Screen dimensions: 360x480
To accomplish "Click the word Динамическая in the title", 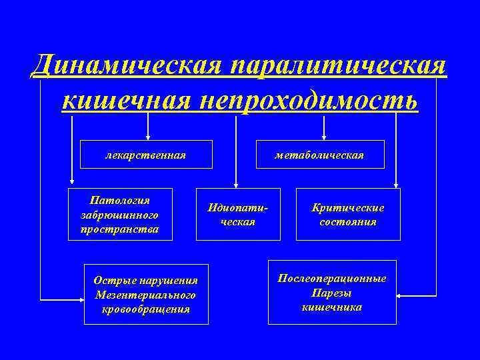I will [x=127, y=66].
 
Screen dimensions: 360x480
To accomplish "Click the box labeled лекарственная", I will [x=146, y=155].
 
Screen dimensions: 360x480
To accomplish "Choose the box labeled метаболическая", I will [x=320, y=155].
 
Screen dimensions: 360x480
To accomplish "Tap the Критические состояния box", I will [x=348, y=214].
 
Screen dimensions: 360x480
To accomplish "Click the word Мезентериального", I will [x=146, y=294].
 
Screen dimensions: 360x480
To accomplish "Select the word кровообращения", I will [x=146, y=309].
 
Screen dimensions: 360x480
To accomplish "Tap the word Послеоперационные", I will [x=332, y=278].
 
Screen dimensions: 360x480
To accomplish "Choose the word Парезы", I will [x=332, y=293].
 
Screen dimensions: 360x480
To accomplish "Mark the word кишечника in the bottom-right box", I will [x=332, y=307].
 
